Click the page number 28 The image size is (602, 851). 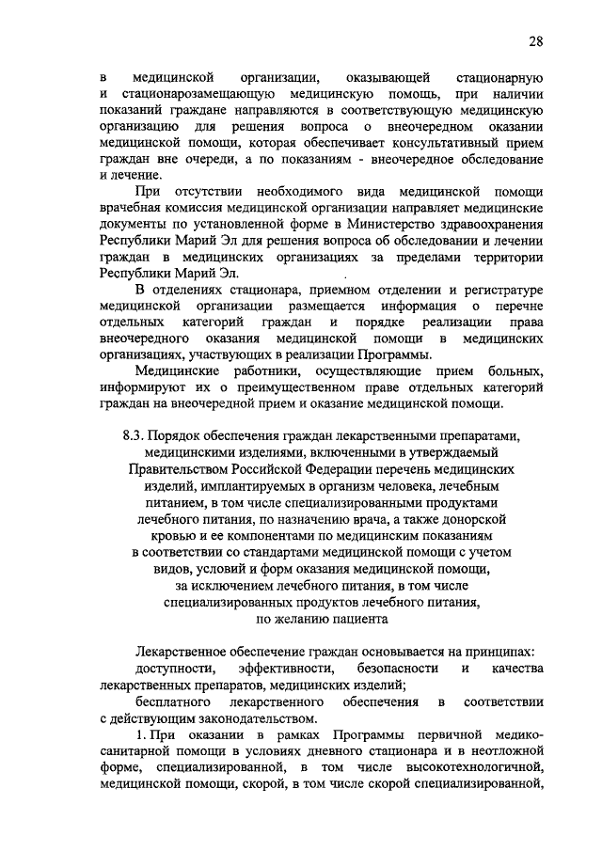(535, 41)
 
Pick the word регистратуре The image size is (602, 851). (497, 290)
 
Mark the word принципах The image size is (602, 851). (501, 652)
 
